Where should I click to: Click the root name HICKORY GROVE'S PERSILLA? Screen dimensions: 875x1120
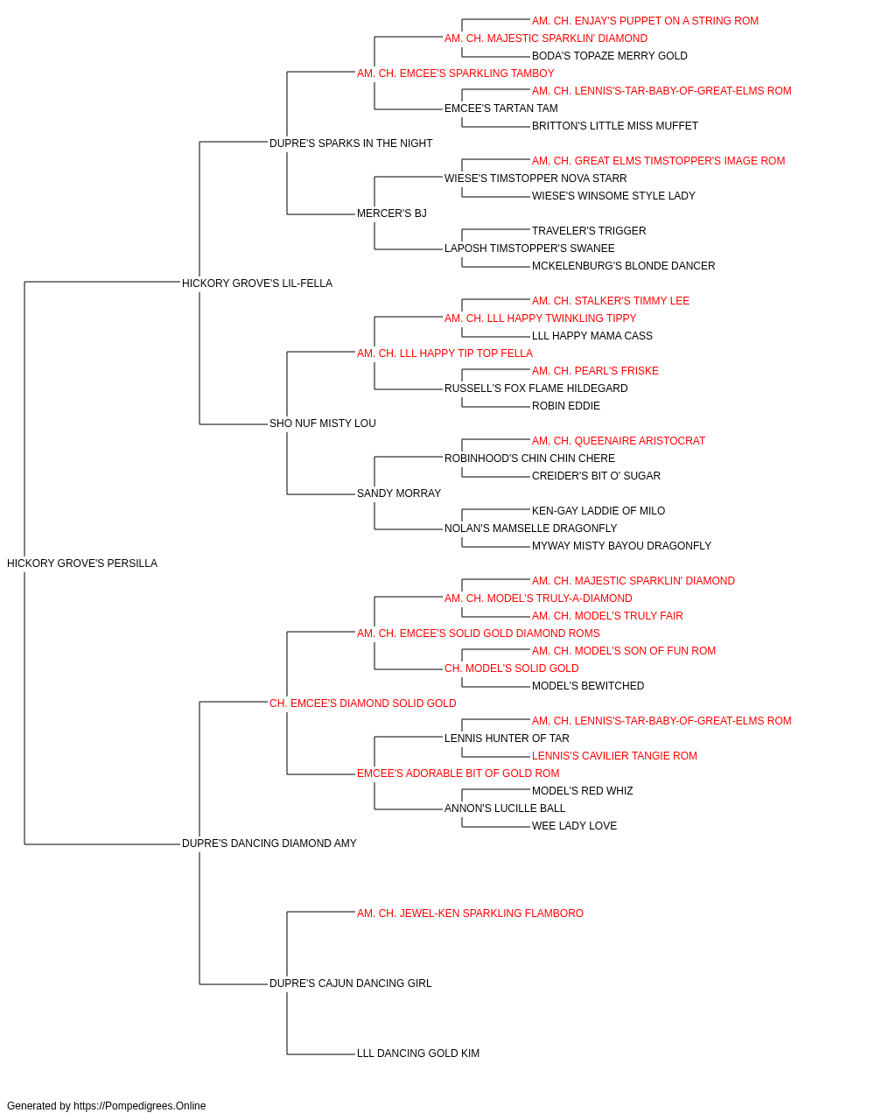[x=82, y=563]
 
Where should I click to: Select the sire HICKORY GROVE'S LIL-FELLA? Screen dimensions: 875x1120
[x=257, y=283]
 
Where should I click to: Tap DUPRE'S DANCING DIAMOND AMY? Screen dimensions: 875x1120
[x=269, y=843]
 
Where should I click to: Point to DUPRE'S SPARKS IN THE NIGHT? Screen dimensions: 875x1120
[x=351, y=143]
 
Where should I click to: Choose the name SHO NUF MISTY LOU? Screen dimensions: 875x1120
[x=323, y=423]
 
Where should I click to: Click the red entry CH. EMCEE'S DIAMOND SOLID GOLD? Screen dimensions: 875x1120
[x=363, y=703]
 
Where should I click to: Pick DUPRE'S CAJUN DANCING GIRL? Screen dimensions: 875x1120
[x=350, y=983]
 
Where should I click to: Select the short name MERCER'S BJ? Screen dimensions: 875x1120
[x=392, y=213]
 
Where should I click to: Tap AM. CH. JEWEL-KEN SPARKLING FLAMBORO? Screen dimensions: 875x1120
[x=470, y=913]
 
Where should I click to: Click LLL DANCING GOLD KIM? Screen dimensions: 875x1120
[x=418, y=1053]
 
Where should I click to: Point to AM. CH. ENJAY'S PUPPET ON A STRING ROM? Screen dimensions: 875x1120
[x=645, y=21]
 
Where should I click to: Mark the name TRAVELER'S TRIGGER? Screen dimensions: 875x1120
[x=589, y=231]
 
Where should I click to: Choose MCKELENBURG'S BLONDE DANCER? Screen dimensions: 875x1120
[x=624, y=266]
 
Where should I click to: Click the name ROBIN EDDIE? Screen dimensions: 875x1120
[x=566, y=406]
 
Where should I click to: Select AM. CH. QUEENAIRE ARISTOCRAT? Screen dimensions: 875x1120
[x=619, y=441]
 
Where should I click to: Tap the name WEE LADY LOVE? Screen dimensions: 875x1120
[x=574, y=826]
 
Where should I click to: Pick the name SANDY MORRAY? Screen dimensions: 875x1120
[x=399, y=493]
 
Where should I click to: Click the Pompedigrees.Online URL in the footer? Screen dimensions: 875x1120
[x=139, y=1106]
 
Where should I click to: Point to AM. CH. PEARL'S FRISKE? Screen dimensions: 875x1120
[x=595, y=371]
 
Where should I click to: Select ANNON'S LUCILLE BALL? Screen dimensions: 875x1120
[x=505, y=808]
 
